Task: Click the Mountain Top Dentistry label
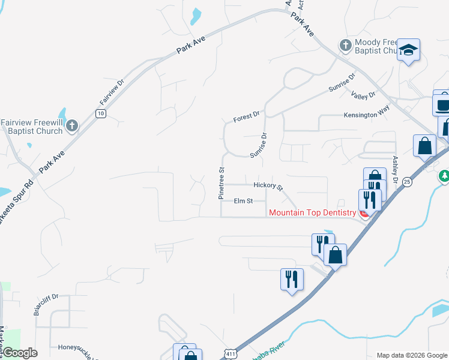click(x=313, y=212)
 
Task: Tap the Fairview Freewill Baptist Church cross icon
click(x=72, y=126)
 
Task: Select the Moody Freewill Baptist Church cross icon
click(x=345, y=46)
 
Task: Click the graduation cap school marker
click(x=408, y=50)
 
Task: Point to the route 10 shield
click(x=100, y=113)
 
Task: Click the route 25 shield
click(x=408, y=181)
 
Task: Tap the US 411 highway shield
click(x=230, y=355)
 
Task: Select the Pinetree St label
click(x=221, y=183)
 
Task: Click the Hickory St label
click(x=268, y=186)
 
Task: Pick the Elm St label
click(x=243, y=201)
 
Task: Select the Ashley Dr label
click(x=395, y=169)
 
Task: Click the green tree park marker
click(x=444, y=176)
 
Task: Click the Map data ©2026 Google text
click(x=411, y=355)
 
